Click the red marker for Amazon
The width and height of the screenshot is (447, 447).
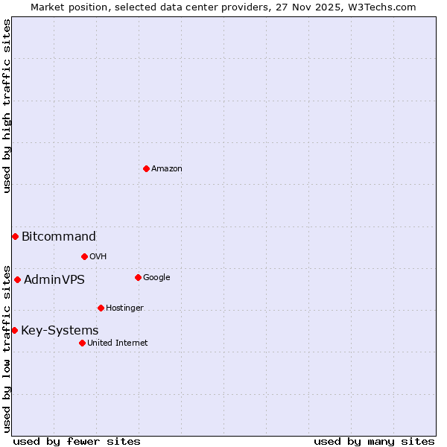[x=146, y=168]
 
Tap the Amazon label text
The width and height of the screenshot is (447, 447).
[x=167, y=169]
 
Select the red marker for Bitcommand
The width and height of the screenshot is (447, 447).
[x=15, y=236]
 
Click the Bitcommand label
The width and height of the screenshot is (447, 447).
[x=59, y=237]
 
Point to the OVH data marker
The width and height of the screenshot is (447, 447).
[x=84, y=256]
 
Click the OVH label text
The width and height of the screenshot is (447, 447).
[x=98, y=257]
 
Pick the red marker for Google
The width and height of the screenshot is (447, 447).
[x=138, y=277]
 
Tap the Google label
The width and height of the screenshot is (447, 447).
[x=156, y=278]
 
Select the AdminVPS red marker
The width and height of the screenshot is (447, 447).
[x=17, y=279]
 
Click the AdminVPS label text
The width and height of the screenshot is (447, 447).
[x=54, y=280]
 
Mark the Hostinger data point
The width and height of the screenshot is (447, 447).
[x=101, y=308]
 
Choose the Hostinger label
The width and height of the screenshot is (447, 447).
[x=124, y=308]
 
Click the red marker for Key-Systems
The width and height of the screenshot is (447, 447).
[x=14, y=330]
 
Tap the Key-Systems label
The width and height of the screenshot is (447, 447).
[x=60, y=331]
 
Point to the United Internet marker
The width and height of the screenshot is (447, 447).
[x=82, y=343]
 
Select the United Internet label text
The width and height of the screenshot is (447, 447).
[x=117, y=343]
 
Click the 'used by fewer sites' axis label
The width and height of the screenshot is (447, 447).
[x=77, y=441]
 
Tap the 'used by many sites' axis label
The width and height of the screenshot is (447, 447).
[x=374, y=441]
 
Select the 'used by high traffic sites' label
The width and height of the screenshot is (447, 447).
[x=7, y=106]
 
